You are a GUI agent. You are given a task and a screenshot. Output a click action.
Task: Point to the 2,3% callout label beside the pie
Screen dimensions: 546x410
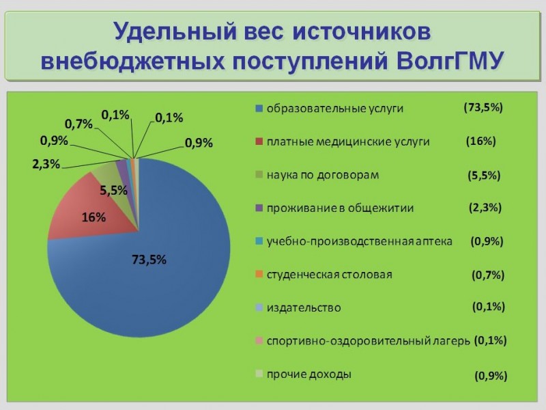pyautogui.click(x=46, y=164)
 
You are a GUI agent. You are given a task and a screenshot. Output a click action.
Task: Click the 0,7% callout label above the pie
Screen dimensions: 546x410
pyautogui.click(x=78, y=124)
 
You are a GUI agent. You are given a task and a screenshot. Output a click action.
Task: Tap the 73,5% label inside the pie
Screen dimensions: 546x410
pyautogui.click(x=149, y=260)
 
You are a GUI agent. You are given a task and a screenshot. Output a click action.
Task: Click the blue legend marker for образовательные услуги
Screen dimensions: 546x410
pyautogui.click(x=259, y=109)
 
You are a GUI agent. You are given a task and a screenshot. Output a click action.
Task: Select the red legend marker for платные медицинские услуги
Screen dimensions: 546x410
pyautogui.click(x=259, y=142)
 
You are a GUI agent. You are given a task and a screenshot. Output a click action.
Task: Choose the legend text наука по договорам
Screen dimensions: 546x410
pyautogui.click(x=323, y=175)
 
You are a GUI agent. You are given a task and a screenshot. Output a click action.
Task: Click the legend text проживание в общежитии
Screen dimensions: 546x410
pyautogui.click(x=340, y=208)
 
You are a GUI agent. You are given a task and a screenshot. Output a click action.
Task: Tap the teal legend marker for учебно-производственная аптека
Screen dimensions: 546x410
pyautogui.click(x=259, y=241)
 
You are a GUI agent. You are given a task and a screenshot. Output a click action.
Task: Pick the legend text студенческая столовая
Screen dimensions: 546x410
pyautogui.click(x=330, y=275)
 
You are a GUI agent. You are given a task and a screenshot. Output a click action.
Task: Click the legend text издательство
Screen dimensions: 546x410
pyautogui.click(x=304, y=308)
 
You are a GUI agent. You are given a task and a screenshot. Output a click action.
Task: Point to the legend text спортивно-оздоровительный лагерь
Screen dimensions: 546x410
pyautogui.click(x=369, y=341)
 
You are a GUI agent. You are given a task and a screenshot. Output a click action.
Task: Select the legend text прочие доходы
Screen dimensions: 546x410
pyautogui.click(x=309, y=374)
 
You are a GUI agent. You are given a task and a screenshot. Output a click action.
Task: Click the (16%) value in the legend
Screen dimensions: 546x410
pyautogui.click(x=481, y=141)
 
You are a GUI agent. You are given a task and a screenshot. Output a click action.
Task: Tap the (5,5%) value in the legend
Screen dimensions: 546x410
pyautogui.click(x=484, y=175)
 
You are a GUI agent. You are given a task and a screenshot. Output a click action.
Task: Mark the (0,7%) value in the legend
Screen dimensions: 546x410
pyautogui.click(x=488, y=275)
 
